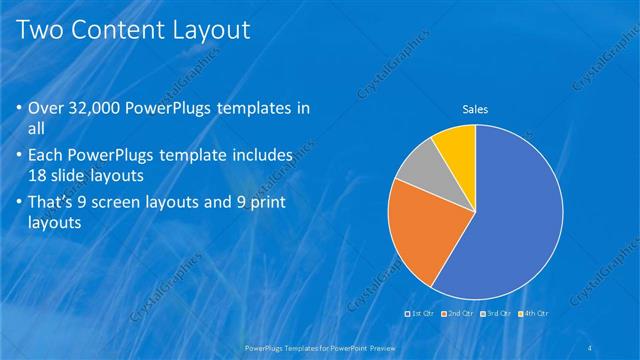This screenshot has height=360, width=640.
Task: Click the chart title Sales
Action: (x=474, y=109)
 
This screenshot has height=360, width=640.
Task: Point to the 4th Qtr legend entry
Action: (x=533, y=314)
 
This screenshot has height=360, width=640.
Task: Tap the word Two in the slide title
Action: (x=42, y=30)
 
